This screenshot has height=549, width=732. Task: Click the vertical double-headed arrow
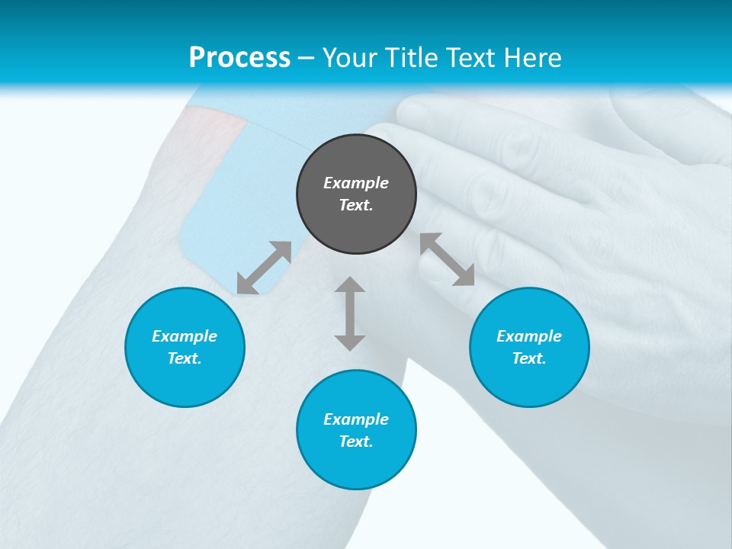point(350,313)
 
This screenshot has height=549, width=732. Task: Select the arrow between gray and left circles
point(264,268)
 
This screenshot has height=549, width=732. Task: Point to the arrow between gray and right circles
point(447,259)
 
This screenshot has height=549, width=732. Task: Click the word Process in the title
point(239,57)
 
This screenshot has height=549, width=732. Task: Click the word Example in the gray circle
point(356,183)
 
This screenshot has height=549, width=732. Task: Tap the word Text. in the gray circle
point(356,205)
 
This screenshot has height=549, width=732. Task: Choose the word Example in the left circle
point(185,336)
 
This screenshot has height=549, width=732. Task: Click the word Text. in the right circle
point(529,358)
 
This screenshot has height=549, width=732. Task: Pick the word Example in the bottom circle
point(356,419)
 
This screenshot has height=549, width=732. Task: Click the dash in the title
point(307,58)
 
